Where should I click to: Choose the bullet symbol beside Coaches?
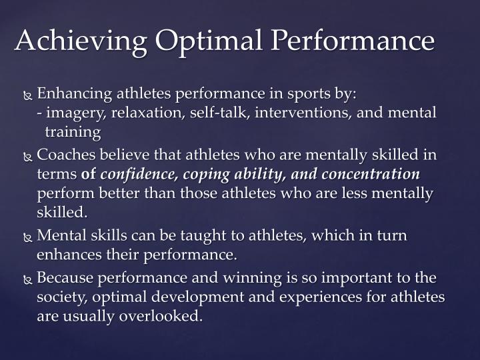27,157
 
